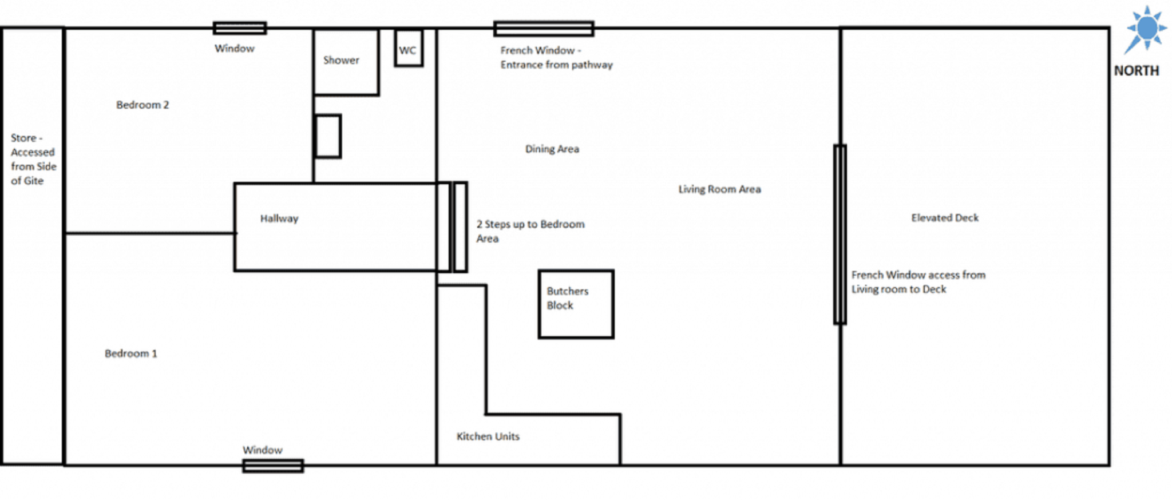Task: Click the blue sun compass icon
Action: point(1146,29)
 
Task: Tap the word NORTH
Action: point(1136,71)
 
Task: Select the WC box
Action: point(409,49)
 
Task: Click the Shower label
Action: point(341,60)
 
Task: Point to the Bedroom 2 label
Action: point(142,105)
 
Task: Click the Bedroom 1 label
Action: point(130,353)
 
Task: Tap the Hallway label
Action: point(279,218)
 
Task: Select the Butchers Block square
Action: point(576,304)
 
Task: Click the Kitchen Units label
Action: point(488,436)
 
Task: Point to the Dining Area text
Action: point(552,149)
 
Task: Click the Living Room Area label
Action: point(719,189)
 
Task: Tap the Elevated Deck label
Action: point(945,218)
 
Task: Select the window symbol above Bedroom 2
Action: point(240,28)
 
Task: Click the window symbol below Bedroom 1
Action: point(273,466)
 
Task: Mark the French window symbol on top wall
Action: point(544,29)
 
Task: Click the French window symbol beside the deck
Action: point(840,234)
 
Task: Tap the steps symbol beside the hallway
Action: point(453,227)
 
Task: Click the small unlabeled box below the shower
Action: point(328,137)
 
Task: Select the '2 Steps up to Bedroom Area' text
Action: point(530,231)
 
